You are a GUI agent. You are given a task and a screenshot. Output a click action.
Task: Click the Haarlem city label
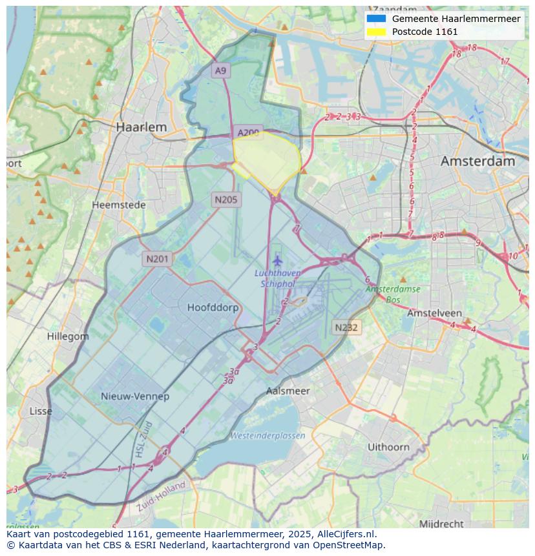pos(141,127)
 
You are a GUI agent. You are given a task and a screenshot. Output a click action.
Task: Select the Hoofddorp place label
pos(213,307)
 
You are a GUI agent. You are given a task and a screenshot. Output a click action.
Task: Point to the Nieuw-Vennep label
pos(135,396)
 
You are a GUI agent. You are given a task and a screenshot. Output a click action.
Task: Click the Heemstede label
pos(119,205)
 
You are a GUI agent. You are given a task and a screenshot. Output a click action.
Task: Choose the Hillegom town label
pos(68,336)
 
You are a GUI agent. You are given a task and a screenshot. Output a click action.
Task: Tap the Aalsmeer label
pos(288,391)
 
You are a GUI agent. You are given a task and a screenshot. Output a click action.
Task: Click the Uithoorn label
pos(388,447)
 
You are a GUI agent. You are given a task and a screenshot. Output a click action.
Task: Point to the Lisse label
pos(41,411)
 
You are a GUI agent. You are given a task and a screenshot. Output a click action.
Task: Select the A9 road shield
pos(221,70)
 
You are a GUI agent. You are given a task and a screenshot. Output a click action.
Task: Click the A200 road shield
pos(248,132)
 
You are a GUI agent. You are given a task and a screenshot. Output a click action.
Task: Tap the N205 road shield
pos(226,200)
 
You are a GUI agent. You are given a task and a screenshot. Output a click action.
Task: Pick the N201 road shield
pos(157,259)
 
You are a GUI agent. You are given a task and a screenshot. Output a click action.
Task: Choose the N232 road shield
pos(346,327)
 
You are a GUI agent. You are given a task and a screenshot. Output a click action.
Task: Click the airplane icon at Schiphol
pos(278,261)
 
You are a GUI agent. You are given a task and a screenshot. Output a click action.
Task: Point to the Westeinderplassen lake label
pos(267,436)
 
